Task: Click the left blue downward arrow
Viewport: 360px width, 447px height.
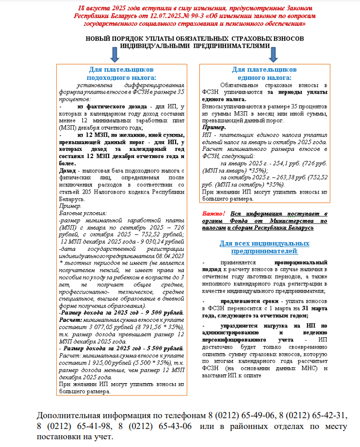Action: click(x=114, y=53)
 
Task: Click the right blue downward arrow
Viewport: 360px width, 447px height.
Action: click(x=273, y=53)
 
